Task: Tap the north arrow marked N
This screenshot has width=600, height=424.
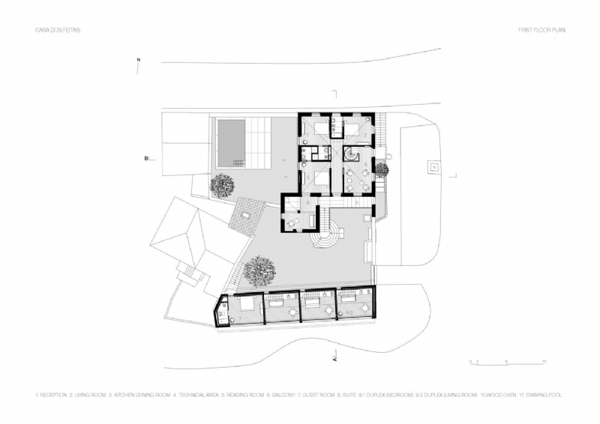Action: tap(138, 64)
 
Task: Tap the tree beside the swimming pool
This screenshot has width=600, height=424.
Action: tap(223, 184)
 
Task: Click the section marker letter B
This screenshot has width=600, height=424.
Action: tap(147, 158)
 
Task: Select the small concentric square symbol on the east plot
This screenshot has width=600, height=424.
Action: tap(433, 166)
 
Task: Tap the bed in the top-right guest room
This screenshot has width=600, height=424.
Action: tap(353, 127)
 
